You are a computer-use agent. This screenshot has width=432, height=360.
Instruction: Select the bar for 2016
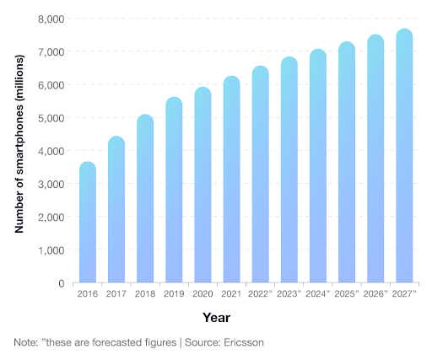(x=87, y=223)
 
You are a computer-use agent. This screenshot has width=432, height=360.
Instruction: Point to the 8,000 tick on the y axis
(x=51, y=19)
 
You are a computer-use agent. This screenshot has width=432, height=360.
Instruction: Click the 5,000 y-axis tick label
(x=51, y=118)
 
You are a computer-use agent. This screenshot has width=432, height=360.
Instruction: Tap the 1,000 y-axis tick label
(x=51, y=250)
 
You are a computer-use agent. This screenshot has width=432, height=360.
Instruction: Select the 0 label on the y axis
(x=60, y=284)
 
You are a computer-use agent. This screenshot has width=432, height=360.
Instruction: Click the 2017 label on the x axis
(x=116, y=294)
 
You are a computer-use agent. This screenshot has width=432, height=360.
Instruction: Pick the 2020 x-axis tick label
(x=202, y=294)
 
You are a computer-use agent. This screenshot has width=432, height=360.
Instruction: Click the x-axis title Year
(x=217, y=318)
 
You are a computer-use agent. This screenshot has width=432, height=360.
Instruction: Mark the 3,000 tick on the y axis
(x=51, y=184)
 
